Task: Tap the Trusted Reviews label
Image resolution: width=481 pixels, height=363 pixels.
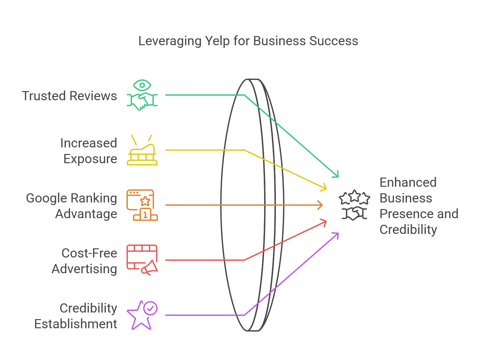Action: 69,96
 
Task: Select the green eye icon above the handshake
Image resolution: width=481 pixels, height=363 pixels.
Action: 142,86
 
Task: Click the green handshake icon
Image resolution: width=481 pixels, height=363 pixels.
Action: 142,102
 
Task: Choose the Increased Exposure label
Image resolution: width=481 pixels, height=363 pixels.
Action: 89,151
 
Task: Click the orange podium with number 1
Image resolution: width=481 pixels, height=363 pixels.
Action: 145,215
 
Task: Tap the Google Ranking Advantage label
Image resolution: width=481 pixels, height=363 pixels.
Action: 72,206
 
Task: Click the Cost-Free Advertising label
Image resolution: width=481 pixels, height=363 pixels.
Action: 85,261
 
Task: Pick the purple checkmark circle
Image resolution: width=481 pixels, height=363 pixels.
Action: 151,308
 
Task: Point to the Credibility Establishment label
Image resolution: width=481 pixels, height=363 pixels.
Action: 76,316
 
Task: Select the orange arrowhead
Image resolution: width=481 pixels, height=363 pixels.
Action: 320,205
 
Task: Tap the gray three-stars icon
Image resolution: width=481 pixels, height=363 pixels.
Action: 355,198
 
